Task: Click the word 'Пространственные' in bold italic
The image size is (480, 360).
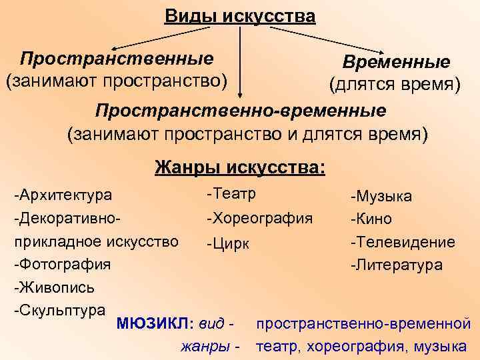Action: coord(117,58)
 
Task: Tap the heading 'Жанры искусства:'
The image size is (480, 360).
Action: coord(240,166)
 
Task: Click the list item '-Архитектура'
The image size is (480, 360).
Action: coord(63,195)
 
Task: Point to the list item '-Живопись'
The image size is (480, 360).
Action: coord(55,287)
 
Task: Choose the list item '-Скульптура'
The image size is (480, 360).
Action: coord(60,310)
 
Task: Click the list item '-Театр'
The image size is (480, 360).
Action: coord(231,193)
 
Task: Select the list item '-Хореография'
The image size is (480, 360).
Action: coord(259,217)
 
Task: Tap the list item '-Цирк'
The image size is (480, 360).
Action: coord(228,243)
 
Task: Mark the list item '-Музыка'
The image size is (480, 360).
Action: coord(381,196)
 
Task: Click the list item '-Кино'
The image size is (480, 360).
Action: coord(371,219)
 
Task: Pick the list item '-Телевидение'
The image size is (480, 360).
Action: coord(403,242)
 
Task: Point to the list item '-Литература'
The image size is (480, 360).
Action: coord(397,265)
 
